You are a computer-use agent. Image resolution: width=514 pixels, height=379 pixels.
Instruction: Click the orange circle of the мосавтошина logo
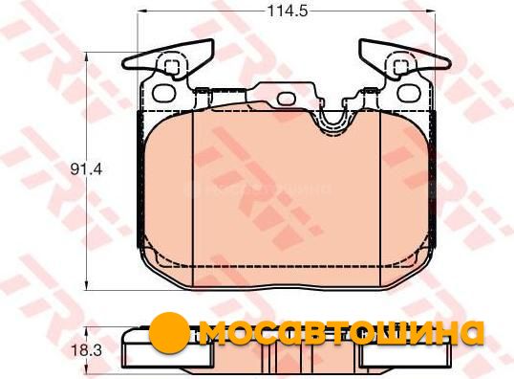point(170,333)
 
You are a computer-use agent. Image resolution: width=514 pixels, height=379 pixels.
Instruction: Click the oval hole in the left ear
point(165,92)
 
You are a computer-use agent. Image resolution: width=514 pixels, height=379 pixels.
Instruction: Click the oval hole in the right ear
point(409,92)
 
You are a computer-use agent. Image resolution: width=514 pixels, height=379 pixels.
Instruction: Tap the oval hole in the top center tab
point(287,99)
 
